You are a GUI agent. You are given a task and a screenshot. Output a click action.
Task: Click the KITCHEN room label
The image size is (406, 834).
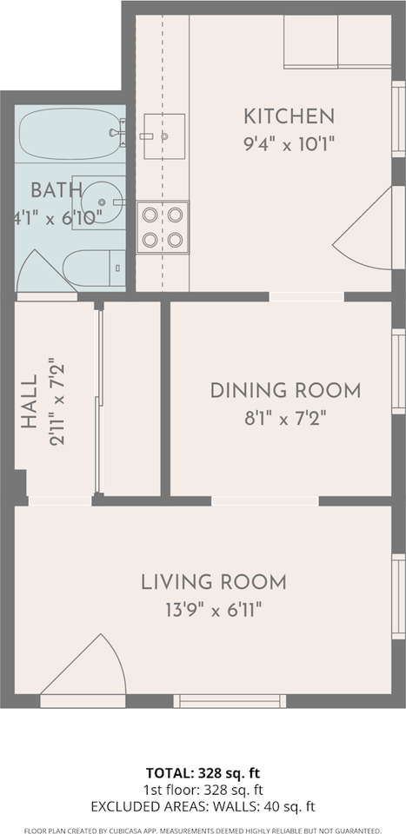point(289,116)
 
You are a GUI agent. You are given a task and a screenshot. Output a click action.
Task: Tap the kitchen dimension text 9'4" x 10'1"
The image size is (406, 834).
point(289,145)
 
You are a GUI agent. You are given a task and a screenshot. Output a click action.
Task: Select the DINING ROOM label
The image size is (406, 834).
point(285,391)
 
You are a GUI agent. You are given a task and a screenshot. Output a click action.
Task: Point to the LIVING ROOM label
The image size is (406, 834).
point(213,582)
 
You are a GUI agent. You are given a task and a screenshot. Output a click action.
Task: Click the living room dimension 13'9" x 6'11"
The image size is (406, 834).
point(213,610)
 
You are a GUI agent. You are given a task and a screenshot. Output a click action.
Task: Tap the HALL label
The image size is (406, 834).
point(30,401)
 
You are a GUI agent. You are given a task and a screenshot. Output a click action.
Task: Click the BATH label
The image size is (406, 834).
point(56,190)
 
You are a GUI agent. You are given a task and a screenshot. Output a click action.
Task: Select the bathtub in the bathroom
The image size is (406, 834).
point(70,134)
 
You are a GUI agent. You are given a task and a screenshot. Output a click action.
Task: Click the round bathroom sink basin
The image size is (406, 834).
point(103,202)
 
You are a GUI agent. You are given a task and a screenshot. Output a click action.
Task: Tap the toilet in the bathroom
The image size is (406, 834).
point(94,268)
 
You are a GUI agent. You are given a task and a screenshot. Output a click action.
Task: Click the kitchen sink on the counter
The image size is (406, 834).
point(164,136)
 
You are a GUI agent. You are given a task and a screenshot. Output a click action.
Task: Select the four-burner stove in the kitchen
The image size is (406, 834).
point(163,227)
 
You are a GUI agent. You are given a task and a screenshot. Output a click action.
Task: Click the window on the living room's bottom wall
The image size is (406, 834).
point(230,702)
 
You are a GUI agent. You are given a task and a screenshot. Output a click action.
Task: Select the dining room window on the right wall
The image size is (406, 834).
point(398,371)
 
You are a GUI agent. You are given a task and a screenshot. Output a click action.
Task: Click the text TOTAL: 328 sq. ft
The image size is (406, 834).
point(203,773)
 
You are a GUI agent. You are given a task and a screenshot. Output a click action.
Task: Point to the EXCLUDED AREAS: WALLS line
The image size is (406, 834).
point(203,807)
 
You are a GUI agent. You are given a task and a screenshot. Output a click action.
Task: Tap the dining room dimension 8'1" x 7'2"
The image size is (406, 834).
point(285,419)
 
